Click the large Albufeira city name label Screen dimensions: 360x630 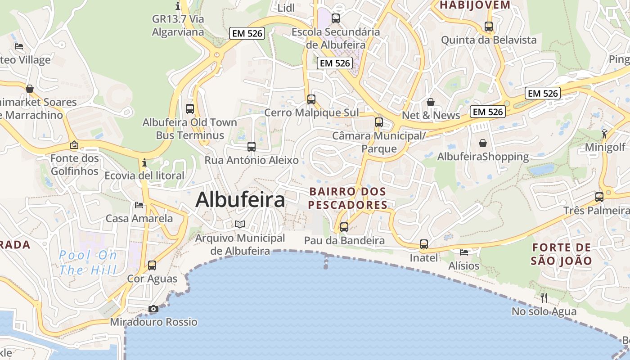tap(240, 200)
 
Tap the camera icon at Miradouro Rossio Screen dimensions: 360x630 tap(153, 309)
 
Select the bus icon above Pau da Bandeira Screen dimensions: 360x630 tap(344, 227)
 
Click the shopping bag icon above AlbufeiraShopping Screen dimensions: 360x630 tap(483, 143)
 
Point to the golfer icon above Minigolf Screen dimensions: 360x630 tap(604, 134)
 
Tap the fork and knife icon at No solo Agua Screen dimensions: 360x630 tap(544, 297)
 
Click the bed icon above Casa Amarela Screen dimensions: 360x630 tap(139, 205)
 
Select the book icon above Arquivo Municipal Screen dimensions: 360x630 tap(240, 224)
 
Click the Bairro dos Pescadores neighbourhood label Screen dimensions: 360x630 tap(348, 198)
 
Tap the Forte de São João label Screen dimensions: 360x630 tap(561, 254)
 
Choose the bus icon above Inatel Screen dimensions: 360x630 tap(424, 244)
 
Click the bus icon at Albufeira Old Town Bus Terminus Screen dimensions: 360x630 tap(190, 108)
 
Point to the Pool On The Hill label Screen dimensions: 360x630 tap(88, 262)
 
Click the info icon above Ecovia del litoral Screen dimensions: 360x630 tap(144, 162)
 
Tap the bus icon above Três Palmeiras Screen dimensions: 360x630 tap(599, 197)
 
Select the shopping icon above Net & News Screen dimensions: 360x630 tap(431, 102)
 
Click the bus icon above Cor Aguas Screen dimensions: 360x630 tap(152, 265)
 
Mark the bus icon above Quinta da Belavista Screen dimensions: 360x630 tap(489, 27)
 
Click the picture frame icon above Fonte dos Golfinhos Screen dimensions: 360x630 tap(74, 145)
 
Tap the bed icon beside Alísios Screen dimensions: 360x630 tap(464, 252)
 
